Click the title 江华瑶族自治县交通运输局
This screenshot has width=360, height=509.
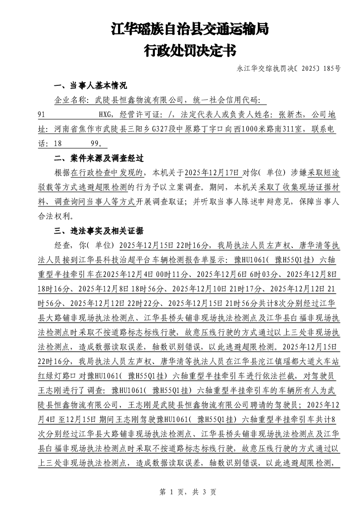190,30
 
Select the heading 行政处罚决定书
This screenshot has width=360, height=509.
190,51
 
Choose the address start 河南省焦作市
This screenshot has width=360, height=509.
75,129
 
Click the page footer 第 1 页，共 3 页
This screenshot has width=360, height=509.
180,492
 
